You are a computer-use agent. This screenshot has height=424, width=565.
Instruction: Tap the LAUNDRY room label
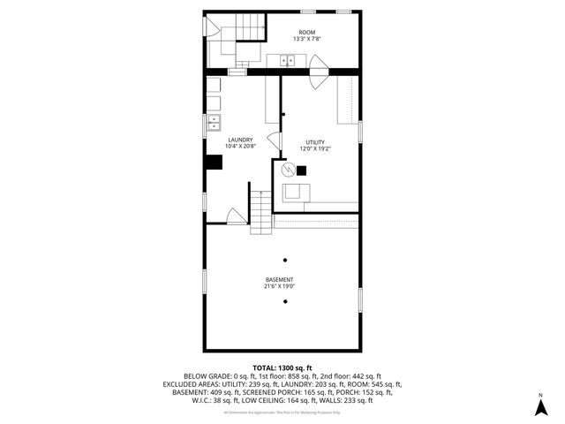(x=240, y=140)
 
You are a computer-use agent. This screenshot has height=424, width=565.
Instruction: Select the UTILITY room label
(x=315, y=142)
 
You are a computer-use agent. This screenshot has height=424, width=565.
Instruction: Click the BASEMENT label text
(x=279, y=280)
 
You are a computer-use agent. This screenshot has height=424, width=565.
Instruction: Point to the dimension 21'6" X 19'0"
(x=279, y=287)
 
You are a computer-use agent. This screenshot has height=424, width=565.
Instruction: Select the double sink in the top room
(x=287, y=61)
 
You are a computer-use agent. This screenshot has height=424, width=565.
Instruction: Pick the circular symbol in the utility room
(x=286, y=170)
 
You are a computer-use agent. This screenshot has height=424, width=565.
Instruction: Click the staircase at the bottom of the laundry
(x=260, y=212)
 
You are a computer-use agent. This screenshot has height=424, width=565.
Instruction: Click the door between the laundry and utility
(x=275, y=140)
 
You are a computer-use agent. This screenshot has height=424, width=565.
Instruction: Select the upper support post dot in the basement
(x=285, y=260)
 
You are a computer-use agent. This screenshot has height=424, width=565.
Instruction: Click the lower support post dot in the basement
(x=285, y=302)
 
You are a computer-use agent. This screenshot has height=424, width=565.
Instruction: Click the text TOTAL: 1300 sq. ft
(x=282, y=367)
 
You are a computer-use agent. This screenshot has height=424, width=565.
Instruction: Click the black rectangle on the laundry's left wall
(x=214, y=162)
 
